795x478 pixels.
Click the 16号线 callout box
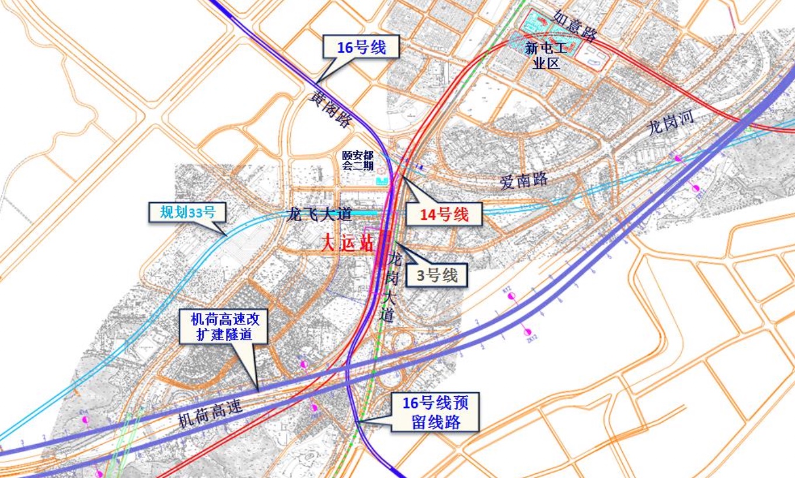point(361,47)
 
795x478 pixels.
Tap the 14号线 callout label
point(445,214)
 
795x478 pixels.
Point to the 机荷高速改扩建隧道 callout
point(222,327)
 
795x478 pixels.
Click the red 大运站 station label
point(347,244)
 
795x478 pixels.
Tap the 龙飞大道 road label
point(319,214)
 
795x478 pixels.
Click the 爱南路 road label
point(524,181)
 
